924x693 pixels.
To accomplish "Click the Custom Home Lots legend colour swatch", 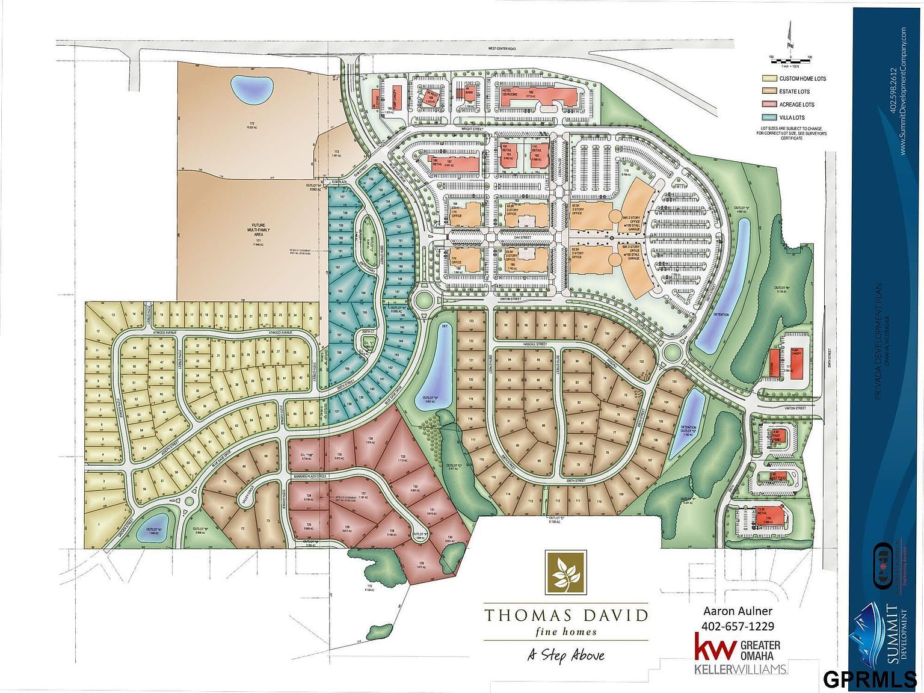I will click(769, 79).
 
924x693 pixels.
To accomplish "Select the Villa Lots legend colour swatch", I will click(769, 118).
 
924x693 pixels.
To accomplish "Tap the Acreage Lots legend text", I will click(796, 105).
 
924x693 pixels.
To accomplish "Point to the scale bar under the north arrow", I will click(790, 61).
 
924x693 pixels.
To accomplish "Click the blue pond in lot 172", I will click(251, 89).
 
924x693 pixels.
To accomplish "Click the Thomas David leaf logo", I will click(565, 573).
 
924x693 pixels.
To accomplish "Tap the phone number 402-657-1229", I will click(739, 626).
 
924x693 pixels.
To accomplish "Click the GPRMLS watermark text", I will click(869, 680).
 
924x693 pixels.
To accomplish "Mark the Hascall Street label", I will click(532, 345).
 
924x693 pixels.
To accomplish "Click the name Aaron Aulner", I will click(738, 612).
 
